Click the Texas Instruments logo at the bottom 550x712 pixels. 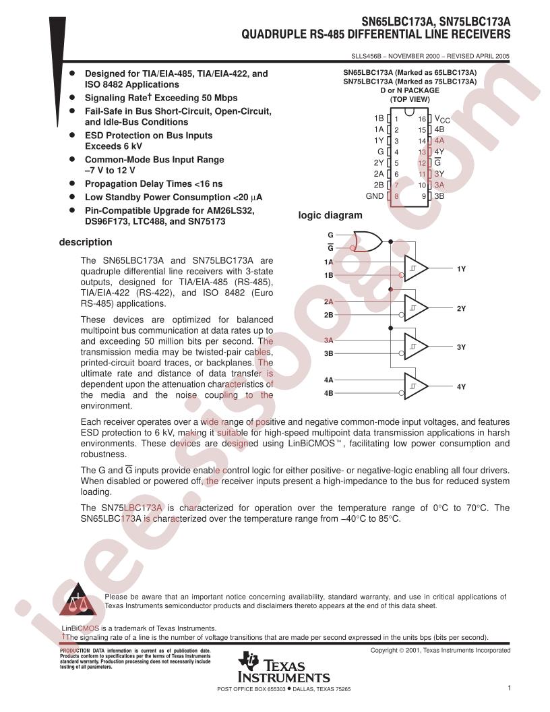[284, 668]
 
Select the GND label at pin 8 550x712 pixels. [374, 196]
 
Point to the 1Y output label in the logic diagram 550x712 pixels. [462, 269]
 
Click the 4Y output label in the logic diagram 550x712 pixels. [462, 387]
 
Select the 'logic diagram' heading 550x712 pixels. [330, 216]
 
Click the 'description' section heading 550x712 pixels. [86, 242]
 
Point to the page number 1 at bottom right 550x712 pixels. [510, 688]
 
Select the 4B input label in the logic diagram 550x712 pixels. [329, 392]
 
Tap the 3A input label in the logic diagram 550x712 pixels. [329, 341]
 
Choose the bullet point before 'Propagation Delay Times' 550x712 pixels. [73, 183]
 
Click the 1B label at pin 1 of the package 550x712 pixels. [378, 118]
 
